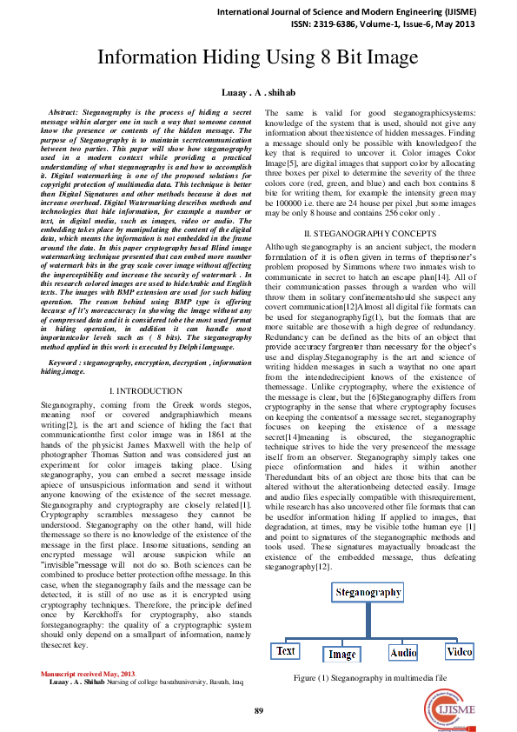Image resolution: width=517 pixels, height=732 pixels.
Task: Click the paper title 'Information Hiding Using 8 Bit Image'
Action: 258,58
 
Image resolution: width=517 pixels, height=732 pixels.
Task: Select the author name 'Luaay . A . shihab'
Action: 258,92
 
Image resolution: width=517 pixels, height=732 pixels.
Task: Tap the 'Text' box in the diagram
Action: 286,649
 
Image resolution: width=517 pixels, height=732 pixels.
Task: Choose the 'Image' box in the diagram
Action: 342,654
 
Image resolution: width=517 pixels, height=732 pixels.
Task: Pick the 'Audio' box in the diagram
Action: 403,651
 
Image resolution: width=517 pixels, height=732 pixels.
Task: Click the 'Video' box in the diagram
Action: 459,650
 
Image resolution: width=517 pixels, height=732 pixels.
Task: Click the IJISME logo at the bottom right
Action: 446,714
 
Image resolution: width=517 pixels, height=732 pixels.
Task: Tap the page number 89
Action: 258,711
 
